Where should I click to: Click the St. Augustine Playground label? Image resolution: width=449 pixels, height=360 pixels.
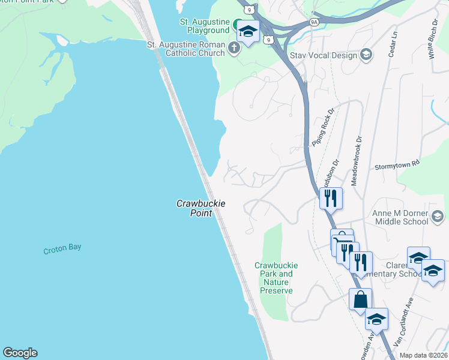coord(205,26)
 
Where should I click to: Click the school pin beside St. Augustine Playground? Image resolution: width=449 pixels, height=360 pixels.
coord(247,32)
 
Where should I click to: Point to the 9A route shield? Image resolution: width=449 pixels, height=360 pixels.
coord(314,22)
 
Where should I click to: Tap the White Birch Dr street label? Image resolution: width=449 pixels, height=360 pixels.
coord(432,39)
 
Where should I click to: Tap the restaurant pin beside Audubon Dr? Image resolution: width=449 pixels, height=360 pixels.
coord(330,197)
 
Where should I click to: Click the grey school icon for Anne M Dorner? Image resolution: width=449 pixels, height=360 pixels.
coord(438,217)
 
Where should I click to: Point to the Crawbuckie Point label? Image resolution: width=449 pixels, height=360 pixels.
coord(200,208)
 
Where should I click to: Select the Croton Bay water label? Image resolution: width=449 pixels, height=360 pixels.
coord(62,249)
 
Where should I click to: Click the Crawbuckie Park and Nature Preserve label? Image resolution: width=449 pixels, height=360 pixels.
coord(276,278)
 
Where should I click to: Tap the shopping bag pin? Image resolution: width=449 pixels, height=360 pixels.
coord(361,299)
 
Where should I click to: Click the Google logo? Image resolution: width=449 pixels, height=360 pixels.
coord(20,353)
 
